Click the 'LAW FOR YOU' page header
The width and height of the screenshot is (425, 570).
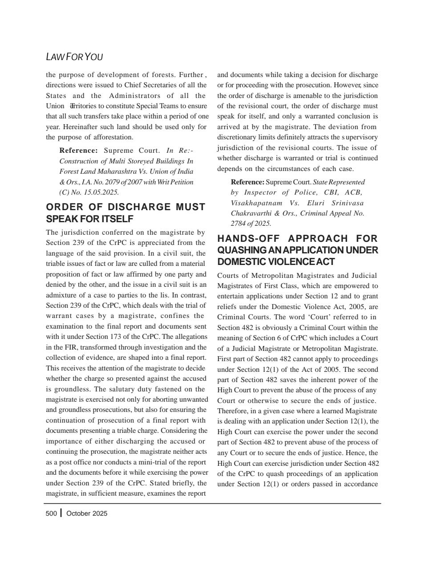point(74,57)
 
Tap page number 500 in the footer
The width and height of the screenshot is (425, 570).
point(51,513)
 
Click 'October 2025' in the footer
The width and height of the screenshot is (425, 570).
point(87,513)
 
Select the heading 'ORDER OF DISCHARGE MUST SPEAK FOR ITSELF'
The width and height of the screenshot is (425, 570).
point(125,213)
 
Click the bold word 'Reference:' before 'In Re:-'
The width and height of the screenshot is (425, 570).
point(78,151)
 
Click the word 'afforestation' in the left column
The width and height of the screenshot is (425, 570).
point(111,137)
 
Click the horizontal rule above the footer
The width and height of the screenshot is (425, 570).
point(212,503)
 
